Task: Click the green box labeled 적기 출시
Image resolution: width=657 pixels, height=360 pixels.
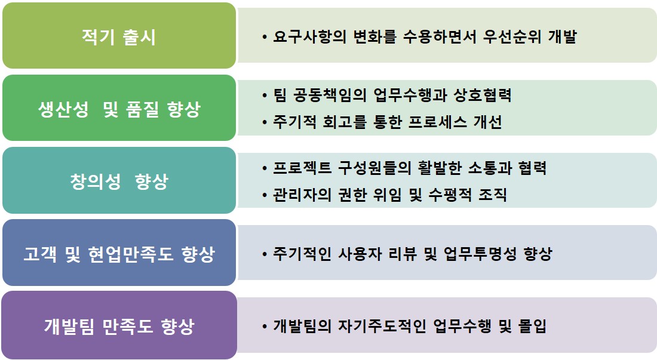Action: pyautogui.click(x=119, y=36)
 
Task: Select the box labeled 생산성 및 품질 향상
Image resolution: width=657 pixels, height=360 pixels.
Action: pyautogui.click(x=119, y=108)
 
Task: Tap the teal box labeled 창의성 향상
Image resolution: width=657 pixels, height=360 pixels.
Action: pyautogui.click(x=119, y=180)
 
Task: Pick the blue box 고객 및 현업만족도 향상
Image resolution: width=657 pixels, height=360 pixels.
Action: pyautogui.click(x=119, y=253)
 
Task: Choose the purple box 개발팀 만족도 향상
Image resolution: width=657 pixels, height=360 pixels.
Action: pyautogui.click(x=119, y=325)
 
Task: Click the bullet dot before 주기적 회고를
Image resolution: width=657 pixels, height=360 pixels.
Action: pyautogui.click(x=265, y=122)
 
